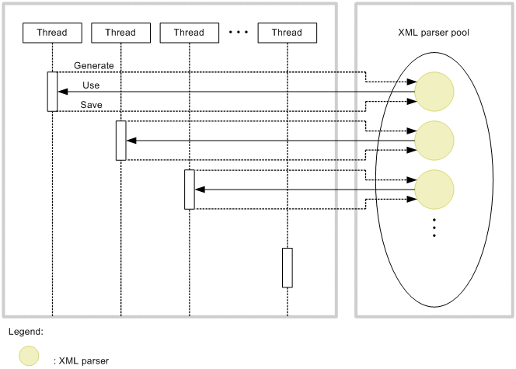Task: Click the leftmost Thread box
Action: tap(52, 33)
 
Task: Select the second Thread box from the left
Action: tap(120, 33)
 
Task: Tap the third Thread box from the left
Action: tap(189, 33)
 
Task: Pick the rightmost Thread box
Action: tap(287, 33)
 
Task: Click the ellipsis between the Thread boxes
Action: tap(238, 33)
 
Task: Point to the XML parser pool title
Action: tap(433, 33)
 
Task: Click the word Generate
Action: tap(94, 65)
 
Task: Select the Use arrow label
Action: tap(90, 85)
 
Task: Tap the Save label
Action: tap(91, 105)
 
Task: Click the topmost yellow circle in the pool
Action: tap(434, 92)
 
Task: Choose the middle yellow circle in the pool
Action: tap(434, 140)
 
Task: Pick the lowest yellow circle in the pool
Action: tap(434, 189)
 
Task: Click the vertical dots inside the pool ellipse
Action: tap(434, 228)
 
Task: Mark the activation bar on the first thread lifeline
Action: tap(52, 92)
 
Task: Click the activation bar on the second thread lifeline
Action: tap(120, 141)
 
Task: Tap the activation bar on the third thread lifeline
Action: tap(189, 189)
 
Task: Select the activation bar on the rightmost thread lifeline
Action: tap(287, 267)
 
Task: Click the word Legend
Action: tap(26, 332)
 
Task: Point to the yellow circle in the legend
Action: tap(29, 356)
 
